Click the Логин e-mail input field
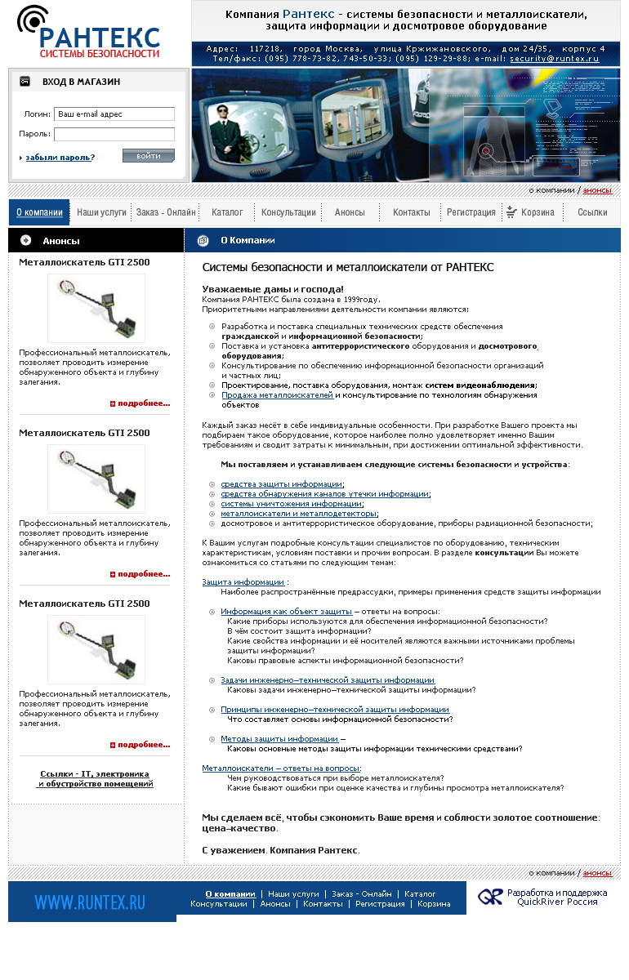114,114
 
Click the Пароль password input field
114,134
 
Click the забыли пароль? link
60,157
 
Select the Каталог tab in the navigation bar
227,212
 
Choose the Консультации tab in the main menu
288,212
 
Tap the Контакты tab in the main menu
411,212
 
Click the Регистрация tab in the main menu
471,212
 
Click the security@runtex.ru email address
554,59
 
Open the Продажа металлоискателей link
277,395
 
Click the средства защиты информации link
281,484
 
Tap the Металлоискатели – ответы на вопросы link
280,768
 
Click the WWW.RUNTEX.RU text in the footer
90,902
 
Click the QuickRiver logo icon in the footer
490,897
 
